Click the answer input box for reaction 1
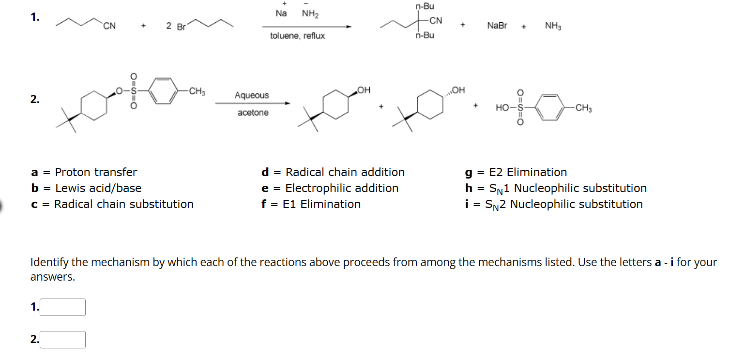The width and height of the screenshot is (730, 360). point(62,307)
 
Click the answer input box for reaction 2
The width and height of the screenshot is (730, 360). point(62,340)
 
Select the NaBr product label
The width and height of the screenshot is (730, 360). point(497,26)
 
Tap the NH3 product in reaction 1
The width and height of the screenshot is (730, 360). point(553,26)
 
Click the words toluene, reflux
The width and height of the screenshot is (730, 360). point(297,36)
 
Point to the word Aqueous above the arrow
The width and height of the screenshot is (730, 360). point(252,95)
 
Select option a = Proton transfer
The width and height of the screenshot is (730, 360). point(84,172)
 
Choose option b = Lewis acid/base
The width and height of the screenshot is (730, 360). point(86,188)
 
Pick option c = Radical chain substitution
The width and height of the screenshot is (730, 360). point(112,204)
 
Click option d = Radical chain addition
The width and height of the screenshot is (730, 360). point(333,172)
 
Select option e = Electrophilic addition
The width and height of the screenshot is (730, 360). point(330,188)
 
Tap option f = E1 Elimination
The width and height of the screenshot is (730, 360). point(311,204)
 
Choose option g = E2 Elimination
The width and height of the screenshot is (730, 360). point(516,172)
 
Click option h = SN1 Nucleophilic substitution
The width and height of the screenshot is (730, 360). point(555,188)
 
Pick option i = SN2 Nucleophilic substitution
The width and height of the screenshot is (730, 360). point(553,204)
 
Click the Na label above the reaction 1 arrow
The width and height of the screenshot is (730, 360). point(281,14)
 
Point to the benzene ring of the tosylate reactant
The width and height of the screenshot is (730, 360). point(163,91)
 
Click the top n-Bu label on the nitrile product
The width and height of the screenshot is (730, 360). point(425,6)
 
